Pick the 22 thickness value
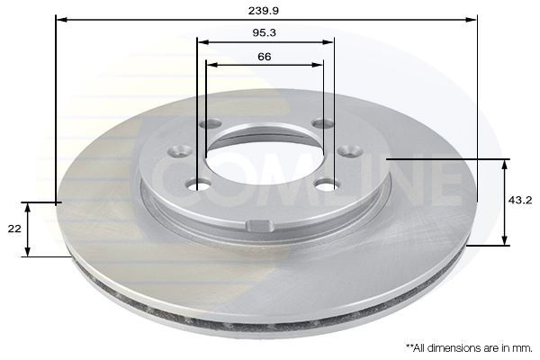point(13,229)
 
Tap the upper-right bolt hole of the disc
point(322,123)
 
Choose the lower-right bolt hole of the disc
point(328,184)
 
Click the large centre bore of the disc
point(264,156)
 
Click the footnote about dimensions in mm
point(467,346)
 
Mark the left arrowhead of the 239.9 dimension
point(60,18)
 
